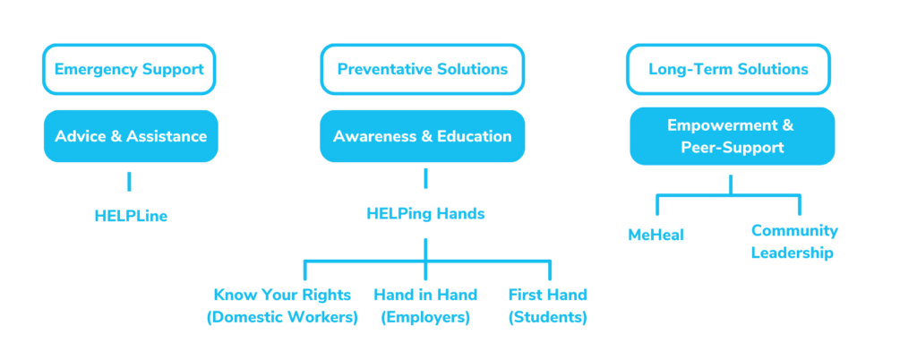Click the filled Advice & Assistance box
tap(131, 136)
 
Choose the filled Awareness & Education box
tap(423, 136)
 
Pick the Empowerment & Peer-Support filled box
tap(733, 136)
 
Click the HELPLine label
tap(131, 216)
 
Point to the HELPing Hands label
tap(425, 214)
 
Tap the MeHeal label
tap(656, 235)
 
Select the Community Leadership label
tap(794, 242)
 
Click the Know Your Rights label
tap(282, 295)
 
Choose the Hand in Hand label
tap(425, 295)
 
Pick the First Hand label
tap(547, 295)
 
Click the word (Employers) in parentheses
tap(425, 317)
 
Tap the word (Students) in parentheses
tap(547, 317)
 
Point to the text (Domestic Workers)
tap(282, 317)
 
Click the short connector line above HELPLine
tap(129, 181)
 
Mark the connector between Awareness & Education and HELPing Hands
tap(425, 178)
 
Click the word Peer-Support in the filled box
tap(733, 147)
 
